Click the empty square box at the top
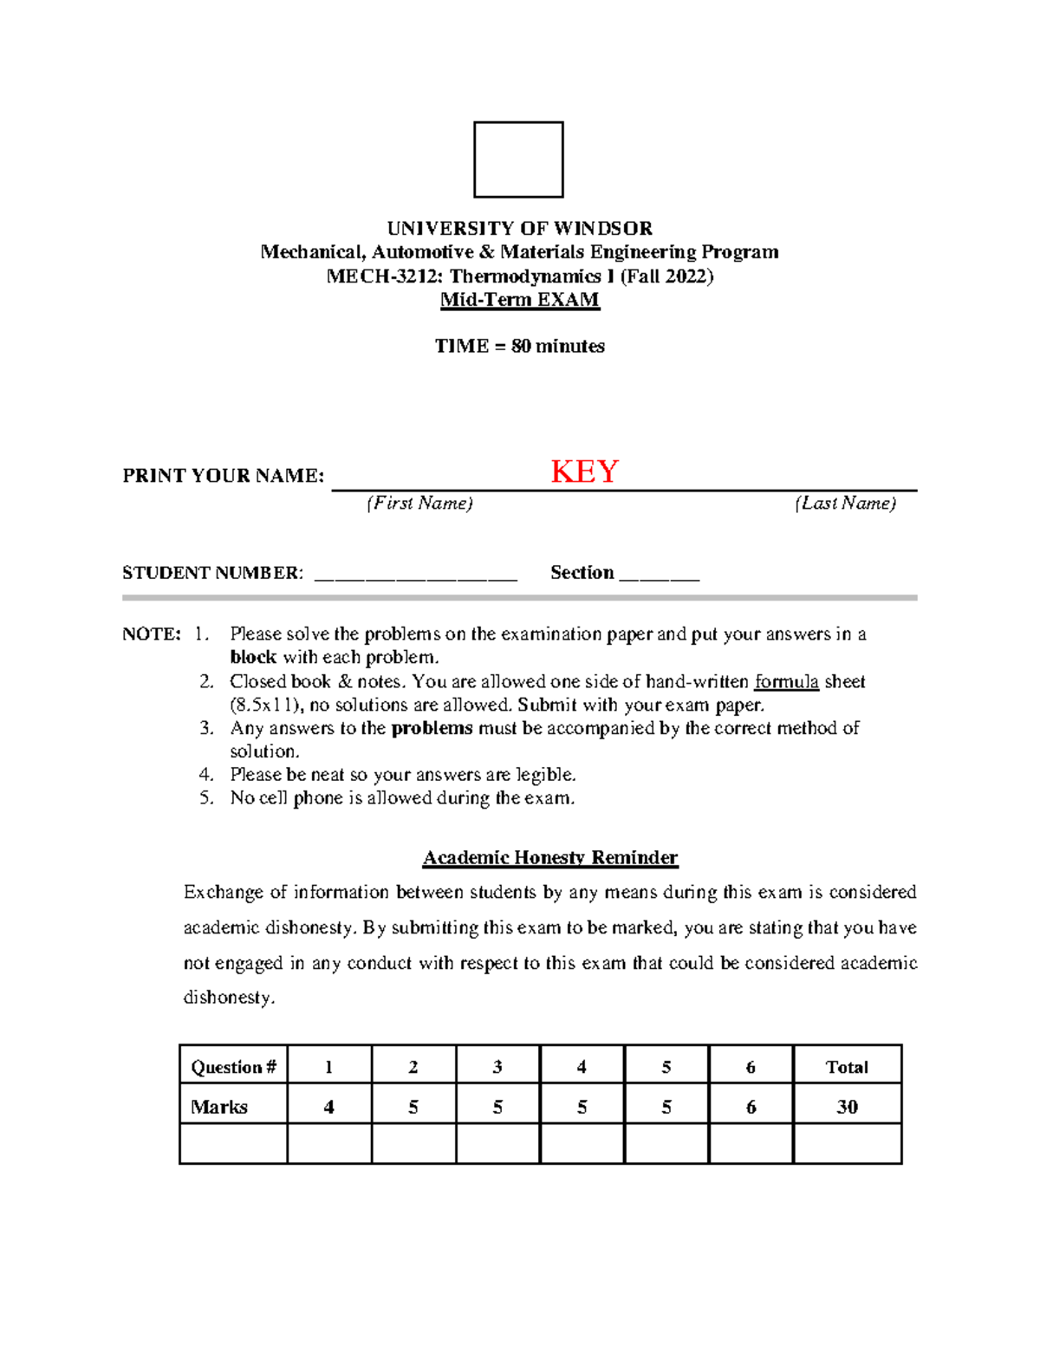518,159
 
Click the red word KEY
584,471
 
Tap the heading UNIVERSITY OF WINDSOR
519,229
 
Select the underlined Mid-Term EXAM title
519,300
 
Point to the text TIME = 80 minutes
519,347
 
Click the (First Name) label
419,504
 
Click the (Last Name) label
845,504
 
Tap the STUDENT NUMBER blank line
415,575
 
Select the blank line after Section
660,575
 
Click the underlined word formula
786,682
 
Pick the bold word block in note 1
253,658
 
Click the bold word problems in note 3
432,728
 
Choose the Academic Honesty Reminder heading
549,858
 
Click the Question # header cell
233,1067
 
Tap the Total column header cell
847,1067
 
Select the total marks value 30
847,1107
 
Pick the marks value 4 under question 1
328,1107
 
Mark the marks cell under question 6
751,1107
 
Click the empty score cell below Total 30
847,1144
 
